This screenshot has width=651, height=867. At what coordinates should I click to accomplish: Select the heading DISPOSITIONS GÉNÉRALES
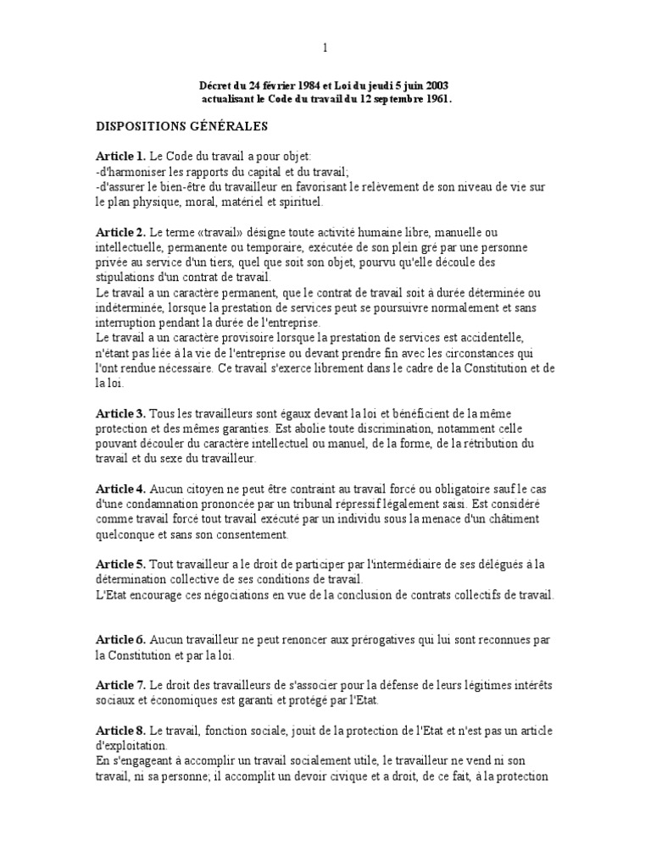pos(181,126)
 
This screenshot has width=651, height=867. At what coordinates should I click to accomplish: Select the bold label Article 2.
pos(120,232)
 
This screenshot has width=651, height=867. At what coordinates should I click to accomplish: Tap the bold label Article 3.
pos(120,413)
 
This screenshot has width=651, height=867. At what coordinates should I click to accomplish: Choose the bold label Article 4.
pos(120,489)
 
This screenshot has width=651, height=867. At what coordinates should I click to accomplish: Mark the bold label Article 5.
pos(120,564)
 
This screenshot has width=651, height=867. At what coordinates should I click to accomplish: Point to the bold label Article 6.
pos(120,639)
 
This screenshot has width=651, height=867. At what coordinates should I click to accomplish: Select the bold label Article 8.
pos(120,731)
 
